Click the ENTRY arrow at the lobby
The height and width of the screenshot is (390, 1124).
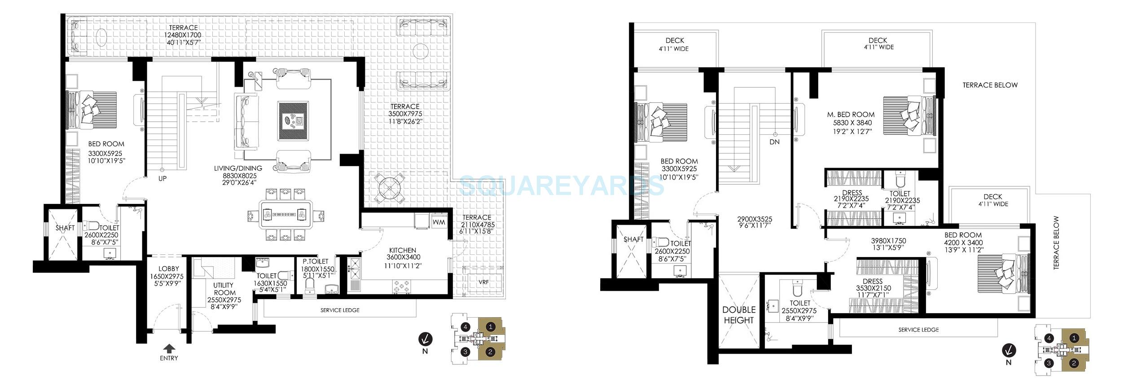click(169, 348)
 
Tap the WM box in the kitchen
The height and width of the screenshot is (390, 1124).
click(439, 222)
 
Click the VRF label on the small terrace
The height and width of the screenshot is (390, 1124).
click(483, 282)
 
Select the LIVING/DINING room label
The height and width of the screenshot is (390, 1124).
click(238, 168)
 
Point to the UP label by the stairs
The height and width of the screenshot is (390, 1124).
click(162, 178)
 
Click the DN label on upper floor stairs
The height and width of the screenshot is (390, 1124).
click(774, 142)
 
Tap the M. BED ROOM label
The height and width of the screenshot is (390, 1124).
click(851, 115)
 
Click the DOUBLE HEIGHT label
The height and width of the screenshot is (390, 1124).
click(738, 315)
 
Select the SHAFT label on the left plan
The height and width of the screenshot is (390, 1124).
click(65, 228)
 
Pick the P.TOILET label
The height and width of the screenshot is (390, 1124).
click(315, 261)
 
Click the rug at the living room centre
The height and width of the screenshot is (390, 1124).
click(293, 120)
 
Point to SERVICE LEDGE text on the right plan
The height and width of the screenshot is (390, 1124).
click(918, 329)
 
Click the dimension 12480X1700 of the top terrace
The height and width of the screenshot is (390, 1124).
click(182, 35)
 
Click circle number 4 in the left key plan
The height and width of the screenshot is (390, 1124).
click(465, 327)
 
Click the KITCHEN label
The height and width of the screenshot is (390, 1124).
click(402, 250)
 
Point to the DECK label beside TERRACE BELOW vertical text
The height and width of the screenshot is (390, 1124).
click(992, 196)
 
